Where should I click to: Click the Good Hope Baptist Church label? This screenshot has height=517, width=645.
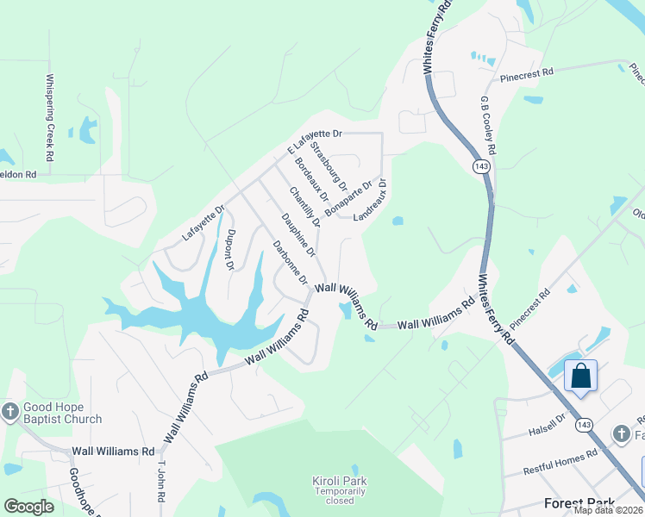[62, 414]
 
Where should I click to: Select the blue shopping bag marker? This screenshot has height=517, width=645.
[581, 377]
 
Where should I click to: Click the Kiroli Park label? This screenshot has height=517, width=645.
[339, 481]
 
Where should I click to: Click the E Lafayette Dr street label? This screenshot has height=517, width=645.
[315, 141]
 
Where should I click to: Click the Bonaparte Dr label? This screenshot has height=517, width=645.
[354, 196]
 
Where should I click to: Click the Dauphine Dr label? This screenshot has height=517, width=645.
[298, 235]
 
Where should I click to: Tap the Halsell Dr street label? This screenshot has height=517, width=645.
[548, 419]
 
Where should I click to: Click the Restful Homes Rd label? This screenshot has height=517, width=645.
[561, 462]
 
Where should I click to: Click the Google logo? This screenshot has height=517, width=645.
[29, 507]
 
